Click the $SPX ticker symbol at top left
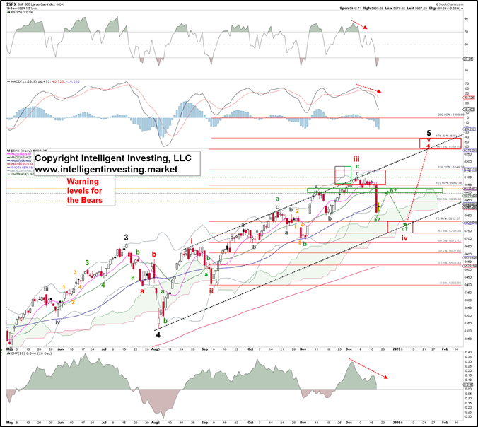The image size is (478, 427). click(14, 5)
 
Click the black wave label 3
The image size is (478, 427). click(127, 238)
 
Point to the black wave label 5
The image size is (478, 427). click(429, 132)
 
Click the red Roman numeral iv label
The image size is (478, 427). click(404, 238)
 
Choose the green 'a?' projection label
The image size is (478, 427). click(377, 221)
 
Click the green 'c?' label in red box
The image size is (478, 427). click(405, 227)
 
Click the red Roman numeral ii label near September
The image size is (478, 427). click(211, 290)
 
